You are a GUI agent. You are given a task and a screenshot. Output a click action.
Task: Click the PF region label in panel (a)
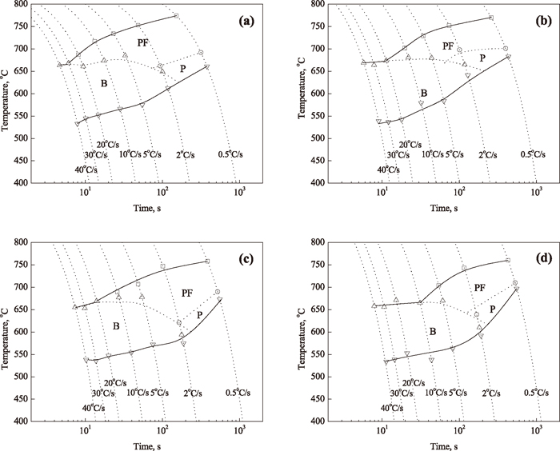144,42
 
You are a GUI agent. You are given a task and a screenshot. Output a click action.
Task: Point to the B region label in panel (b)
424,94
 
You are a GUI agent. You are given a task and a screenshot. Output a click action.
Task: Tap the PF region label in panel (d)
480,286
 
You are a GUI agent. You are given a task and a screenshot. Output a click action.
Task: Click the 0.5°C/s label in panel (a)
238,154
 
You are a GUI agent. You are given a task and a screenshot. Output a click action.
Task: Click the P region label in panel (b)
482,58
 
